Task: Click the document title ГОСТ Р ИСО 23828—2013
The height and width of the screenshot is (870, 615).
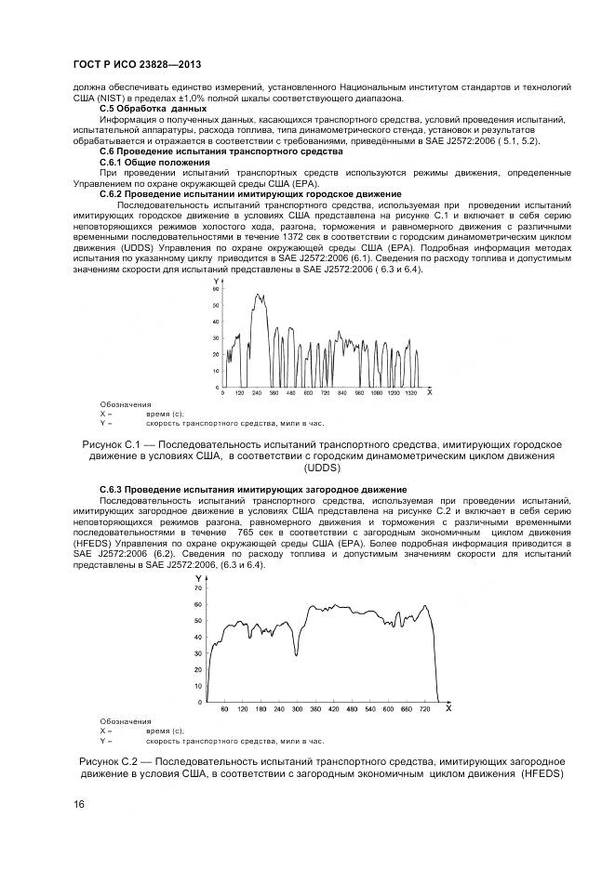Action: click(x=137, y=65)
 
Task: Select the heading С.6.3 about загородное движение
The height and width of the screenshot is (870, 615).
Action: click(x=252, y=489)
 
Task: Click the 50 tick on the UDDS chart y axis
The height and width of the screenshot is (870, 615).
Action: click(x=216, y=307)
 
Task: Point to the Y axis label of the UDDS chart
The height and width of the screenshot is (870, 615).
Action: click(x=215, y=281)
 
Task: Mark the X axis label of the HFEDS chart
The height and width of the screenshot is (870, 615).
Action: click(x=448, y=708)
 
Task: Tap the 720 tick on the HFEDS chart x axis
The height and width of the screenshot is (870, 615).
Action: click(x=425, y=709)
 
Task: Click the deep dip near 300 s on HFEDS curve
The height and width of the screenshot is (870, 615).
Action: click(x=296, y=654)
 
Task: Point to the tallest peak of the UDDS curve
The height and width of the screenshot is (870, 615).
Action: click(x=258, y=296)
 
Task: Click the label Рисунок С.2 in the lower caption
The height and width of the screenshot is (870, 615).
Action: click(x=109, y=760)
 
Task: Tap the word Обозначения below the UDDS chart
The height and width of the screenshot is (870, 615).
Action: click(x=125, y=404)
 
